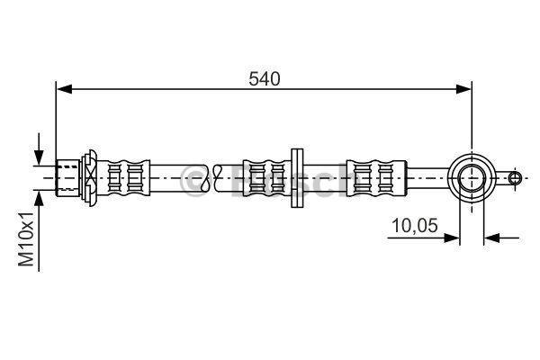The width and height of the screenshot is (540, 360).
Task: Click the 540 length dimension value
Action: [x=264, y=79]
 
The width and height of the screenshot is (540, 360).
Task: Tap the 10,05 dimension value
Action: [x=415, y=226]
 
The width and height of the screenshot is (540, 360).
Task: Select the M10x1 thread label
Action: [x=26, y=239]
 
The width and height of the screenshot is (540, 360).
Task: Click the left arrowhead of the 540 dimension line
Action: [x=65, y=89]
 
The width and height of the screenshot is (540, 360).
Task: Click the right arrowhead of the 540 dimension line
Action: [x=463, y=89]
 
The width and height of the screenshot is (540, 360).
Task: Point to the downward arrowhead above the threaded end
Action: [x=39, y=157]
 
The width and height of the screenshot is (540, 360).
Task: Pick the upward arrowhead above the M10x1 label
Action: [x=39, y=199]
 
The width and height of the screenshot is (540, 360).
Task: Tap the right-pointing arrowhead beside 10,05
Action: [x=452, y=238]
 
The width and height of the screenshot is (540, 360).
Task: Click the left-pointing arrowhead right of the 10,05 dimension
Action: [x=491, y=238]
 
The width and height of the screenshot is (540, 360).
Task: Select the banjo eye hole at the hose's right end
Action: [x=472, y=178]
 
